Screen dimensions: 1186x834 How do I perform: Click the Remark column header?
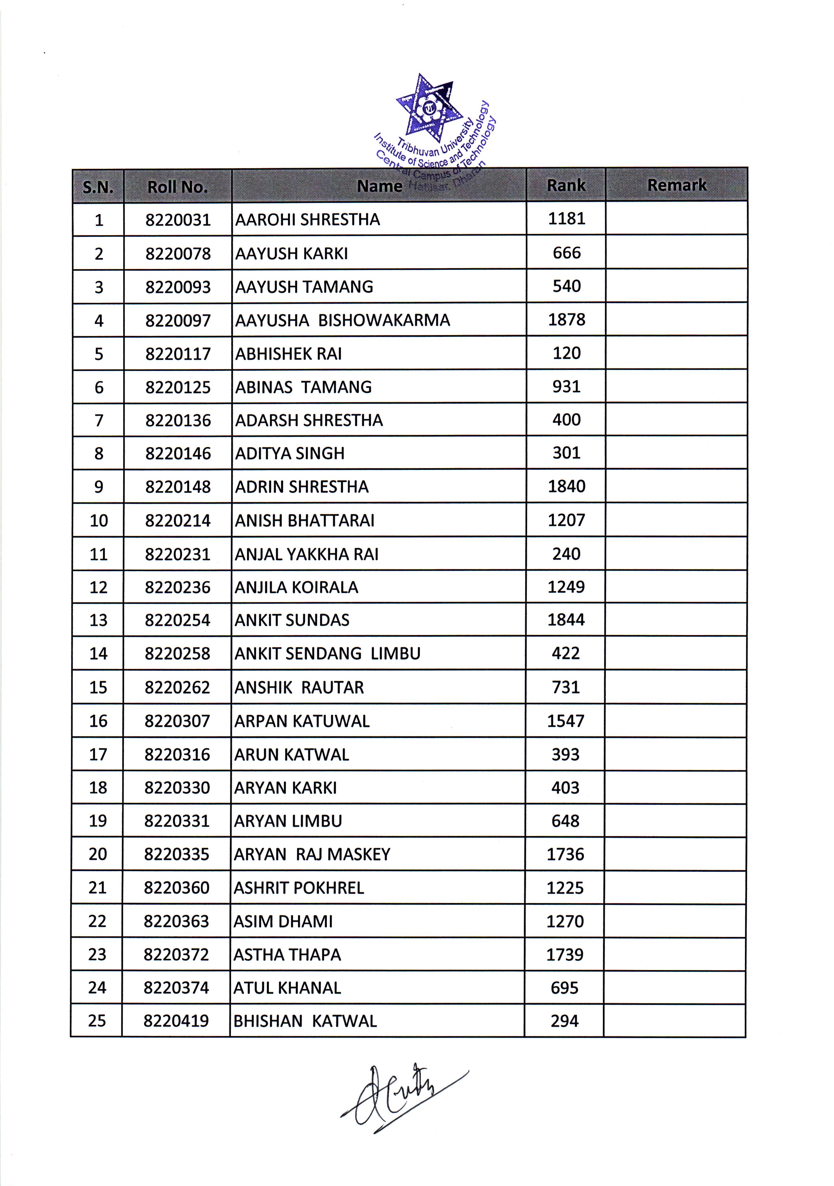pos(676,185)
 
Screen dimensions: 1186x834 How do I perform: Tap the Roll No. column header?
pos(178,186)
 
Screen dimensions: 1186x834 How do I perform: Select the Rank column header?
pos(566,185)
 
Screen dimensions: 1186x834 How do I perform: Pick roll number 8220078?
pos(178,254)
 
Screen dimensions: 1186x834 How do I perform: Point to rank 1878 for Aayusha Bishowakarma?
pos(566,320)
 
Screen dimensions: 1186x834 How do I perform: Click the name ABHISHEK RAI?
pos(288,354)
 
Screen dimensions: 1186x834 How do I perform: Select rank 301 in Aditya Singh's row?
pos(566,453)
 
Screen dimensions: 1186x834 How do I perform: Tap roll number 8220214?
pos(178,520)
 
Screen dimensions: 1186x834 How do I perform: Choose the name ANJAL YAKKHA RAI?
pos(307,554)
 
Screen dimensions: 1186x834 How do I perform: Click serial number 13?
pos(98,620)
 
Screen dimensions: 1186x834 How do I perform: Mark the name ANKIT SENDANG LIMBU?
pos(328,654)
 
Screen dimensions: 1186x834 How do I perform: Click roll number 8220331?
pos(177,821)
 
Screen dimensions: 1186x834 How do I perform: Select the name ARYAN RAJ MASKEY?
pos(312,854)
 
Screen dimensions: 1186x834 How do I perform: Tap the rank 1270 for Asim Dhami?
pos(565,921)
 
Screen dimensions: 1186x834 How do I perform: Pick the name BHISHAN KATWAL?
pos(305,1021)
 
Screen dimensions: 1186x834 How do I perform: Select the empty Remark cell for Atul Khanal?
pos(674,988)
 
